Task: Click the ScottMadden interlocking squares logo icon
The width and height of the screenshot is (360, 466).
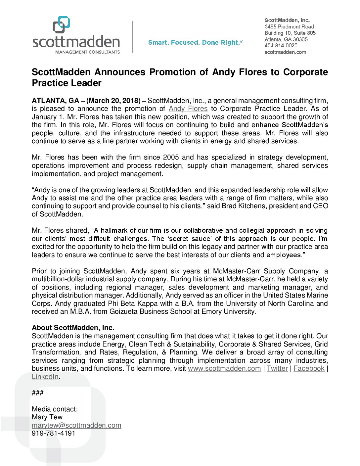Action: tap(61, 24)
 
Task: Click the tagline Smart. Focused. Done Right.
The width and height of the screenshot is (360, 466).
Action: tap(195, 43)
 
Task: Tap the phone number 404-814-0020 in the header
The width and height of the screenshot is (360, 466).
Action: tap(281, 46)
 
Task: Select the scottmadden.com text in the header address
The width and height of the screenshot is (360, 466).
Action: tap(285, 52)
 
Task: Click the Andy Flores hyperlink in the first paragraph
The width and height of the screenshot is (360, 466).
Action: tap(188, 109)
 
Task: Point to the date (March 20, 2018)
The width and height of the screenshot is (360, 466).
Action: tap(113, 101)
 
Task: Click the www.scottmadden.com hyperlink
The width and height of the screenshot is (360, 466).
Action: tap(224, 369)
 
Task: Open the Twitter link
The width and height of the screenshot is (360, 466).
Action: tap(277, 369)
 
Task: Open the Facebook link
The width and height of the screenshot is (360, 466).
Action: tap(309, 369)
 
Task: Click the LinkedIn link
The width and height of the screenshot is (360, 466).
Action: tap(45, 377)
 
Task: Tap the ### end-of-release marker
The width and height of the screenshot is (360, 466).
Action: tap(38, 393)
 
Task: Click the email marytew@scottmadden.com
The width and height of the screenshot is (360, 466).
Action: tap(76, 425)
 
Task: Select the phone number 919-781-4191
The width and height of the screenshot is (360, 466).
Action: tap(54, 434)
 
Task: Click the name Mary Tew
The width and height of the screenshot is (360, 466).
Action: tap(47, 417)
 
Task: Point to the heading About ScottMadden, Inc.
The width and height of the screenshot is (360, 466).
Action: tap(73, 328)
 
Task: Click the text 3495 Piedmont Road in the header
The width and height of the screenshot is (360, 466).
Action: tap(289, 26)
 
